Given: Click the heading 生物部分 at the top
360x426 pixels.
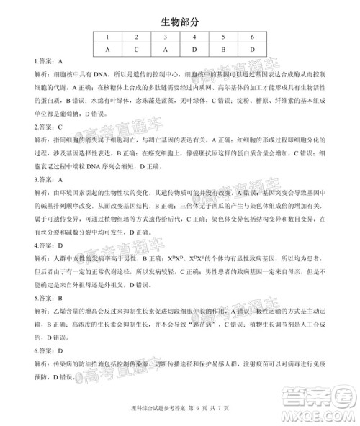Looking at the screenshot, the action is tap(179, 22).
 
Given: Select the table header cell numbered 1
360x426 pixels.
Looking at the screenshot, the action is tap(107, 37).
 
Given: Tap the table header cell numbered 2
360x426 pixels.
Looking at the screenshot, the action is tap(136, 37).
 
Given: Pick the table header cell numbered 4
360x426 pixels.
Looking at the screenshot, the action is tap(194, 37).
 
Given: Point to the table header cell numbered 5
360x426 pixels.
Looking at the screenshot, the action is tap(223, 37).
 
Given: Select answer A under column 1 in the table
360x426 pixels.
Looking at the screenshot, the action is tap(107, 50).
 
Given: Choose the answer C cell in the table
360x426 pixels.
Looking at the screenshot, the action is tap(136, 50).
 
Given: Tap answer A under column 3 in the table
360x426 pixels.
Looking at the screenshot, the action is tap(165, 50).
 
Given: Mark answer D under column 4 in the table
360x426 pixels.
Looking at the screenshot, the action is tap(194, 50).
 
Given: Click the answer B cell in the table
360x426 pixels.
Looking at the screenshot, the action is tap(223, 50).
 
